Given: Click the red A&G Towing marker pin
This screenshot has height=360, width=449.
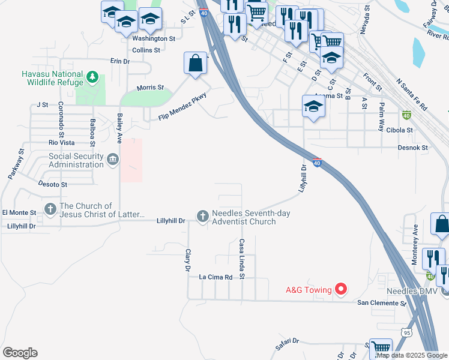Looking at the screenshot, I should click(x=340, y=290).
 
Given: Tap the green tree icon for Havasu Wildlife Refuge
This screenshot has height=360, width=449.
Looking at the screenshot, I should click(x=92, y=77).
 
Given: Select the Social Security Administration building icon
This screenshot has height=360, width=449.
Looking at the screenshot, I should click(x=113, y=160).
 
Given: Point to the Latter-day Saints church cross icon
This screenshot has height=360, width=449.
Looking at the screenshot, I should click(x=50, y=210).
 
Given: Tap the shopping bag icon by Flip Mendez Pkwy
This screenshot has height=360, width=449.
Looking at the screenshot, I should click(x=196, y=63).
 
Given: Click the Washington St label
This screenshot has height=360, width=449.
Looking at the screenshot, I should click(x=153, y=38).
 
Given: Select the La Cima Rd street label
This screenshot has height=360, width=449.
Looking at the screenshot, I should click(x=215, y=277).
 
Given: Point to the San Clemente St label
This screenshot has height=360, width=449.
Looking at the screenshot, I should click(x=382, y=303).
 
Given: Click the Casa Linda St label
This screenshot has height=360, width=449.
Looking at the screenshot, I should click(x=241, y=259).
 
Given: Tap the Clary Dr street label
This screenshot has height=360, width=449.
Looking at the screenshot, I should click(x=188, y=259).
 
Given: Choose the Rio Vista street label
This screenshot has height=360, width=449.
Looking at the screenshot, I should click(x=61, y=143).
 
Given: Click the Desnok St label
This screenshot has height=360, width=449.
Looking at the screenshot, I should click(x=412, y=147).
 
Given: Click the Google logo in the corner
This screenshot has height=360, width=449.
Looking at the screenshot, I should click(x=20, y=353).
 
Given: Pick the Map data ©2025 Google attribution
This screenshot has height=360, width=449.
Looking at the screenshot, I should click(x=411, y=355).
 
